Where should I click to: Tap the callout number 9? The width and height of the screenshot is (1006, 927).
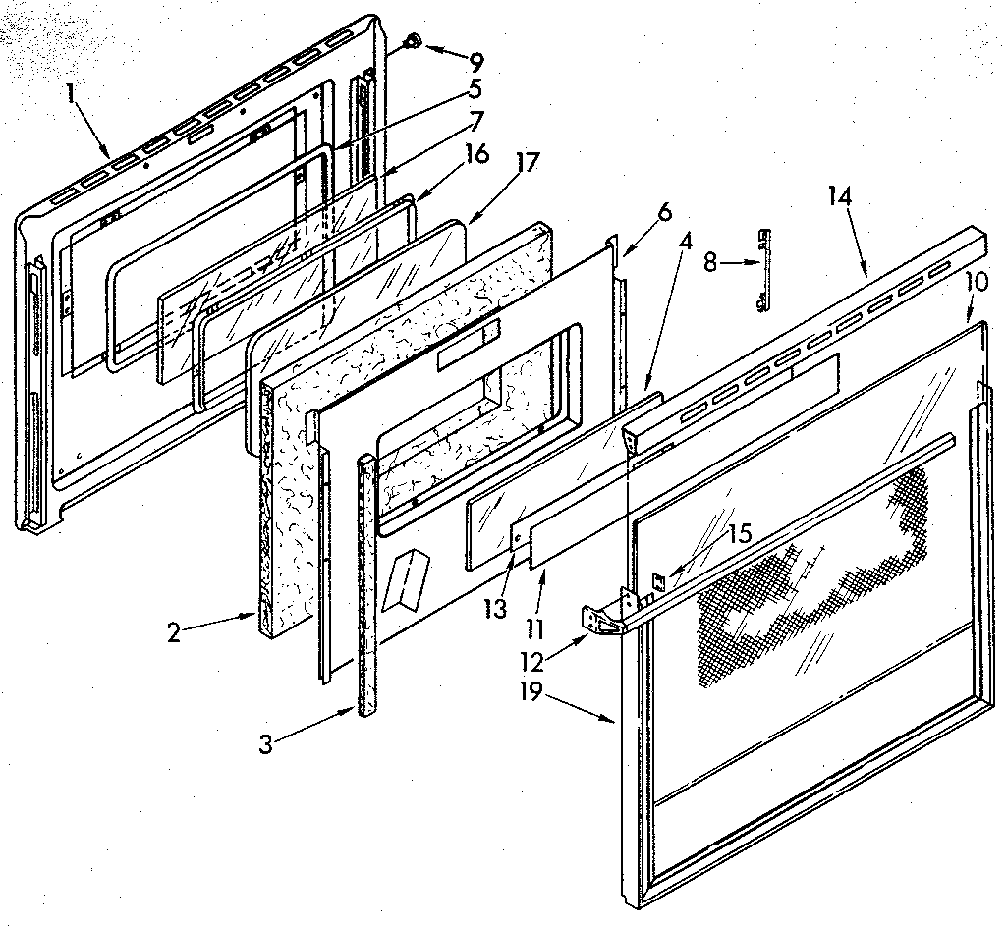tap(476, 62)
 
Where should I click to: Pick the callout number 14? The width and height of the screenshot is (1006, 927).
tap(839, 196)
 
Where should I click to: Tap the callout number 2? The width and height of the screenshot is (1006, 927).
tap(174, 631)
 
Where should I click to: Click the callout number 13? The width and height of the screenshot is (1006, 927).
tap(495, 609)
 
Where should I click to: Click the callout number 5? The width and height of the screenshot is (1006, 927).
tap(475, 89)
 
